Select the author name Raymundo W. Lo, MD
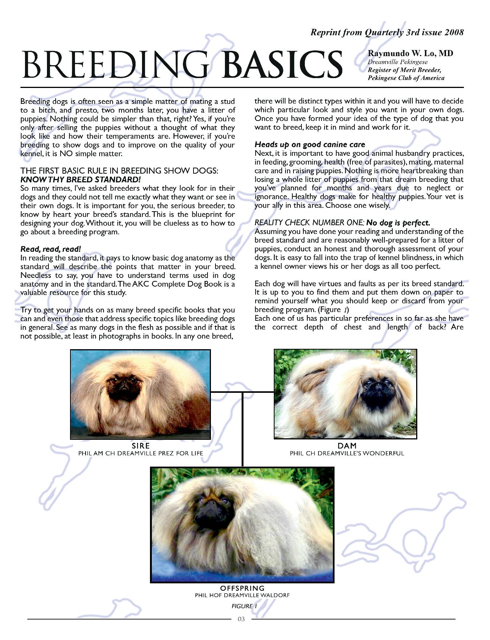[x=410, y=53]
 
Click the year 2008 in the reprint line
[x=454, y=33]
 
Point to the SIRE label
[x=140, y=446]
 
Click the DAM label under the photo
[x=347, y=446]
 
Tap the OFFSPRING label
[x=242, y=588]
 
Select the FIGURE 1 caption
[x=244, y=606]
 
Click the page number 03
[x=241, y=619]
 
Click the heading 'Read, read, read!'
[x=50, y=249]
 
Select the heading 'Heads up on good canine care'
[x=310, y=144]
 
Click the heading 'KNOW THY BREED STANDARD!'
[x=81, y=180]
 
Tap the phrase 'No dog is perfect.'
[x=398, y=223]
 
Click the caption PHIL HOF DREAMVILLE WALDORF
[x=242, y=595]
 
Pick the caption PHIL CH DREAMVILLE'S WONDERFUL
[x=347, y=453]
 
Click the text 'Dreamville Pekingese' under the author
[x=398, y=62]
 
